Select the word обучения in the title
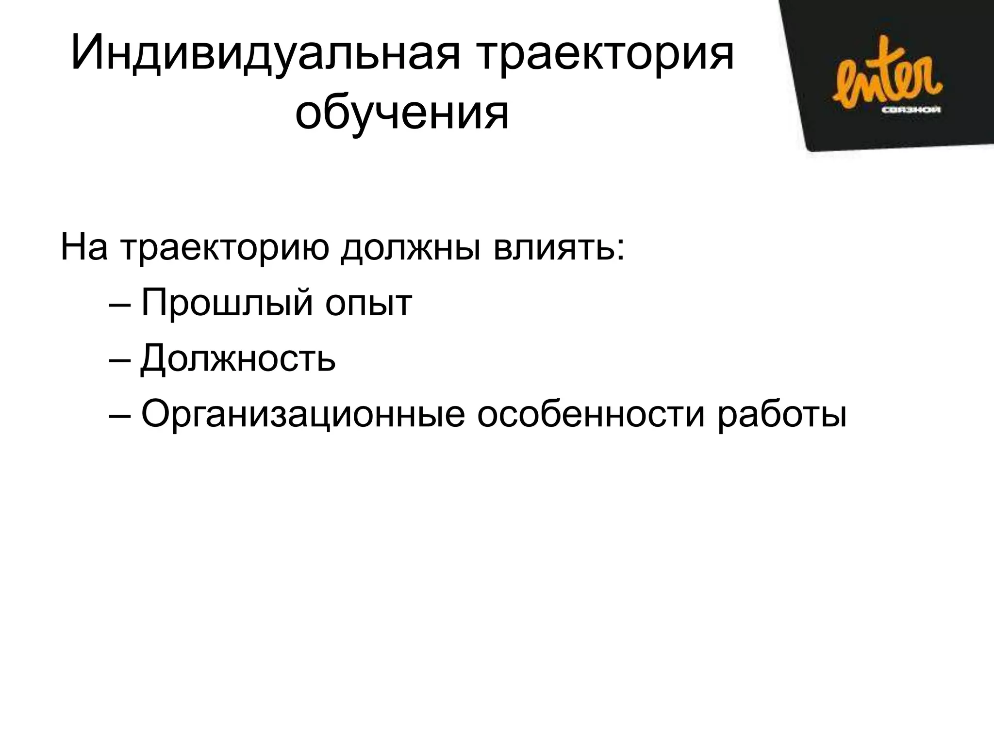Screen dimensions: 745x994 coord(402,114)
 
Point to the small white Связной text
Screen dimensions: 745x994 coord(911,110)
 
